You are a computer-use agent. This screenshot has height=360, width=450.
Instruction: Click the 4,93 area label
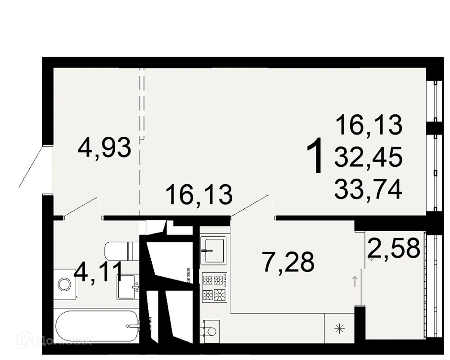(104, 148)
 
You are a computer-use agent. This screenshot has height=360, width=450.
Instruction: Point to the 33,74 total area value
(368, 189)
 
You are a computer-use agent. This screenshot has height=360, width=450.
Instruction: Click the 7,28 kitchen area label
(288, 262)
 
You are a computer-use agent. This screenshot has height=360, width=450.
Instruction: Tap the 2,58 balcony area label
(394, 247)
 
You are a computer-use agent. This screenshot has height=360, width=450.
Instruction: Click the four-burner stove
(214, 287)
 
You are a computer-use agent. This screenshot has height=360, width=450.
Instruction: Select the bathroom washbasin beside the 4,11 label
(128, 287)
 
